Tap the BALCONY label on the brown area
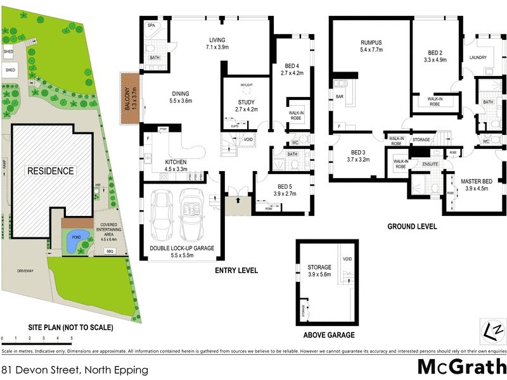coord(128,100)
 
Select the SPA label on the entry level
coord(151,25)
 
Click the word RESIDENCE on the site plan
coord(50,171)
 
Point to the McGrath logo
coord(461,366)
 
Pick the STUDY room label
coord(247,102)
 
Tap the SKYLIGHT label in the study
coord(247,84)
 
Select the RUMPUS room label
coord(373,42)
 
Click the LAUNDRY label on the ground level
coord(478,58)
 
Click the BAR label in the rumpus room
coord(340,96)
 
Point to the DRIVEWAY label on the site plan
coord(25,271)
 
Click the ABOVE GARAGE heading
coord(329,335)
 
